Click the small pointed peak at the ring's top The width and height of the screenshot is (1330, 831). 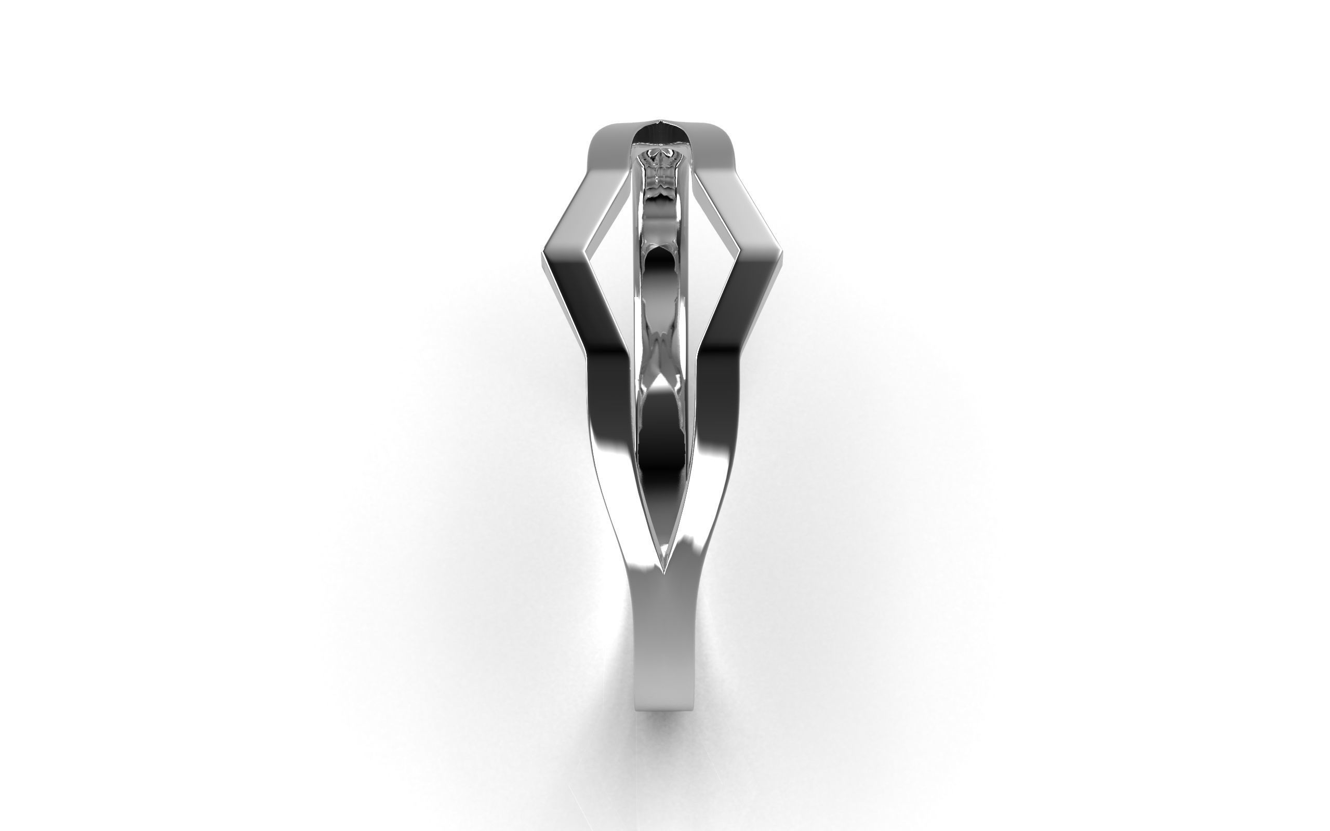659,120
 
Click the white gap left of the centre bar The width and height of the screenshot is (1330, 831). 616,247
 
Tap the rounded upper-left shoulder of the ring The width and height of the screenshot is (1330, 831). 602,138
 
